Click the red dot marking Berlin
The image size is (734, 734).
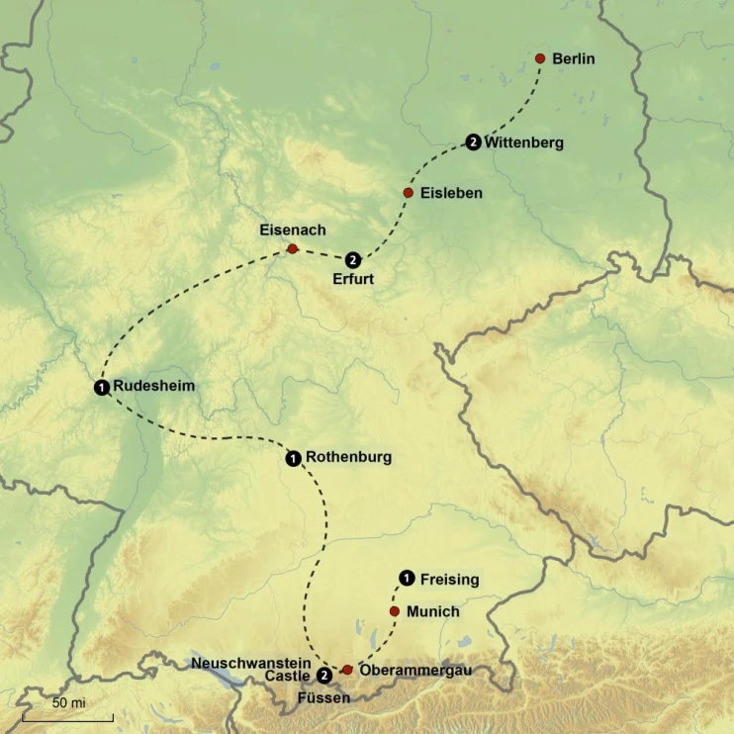pos(540,58)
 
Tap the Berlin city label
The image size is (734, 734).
pos(574,59)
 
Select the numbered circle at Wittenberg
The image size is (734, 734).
pos(473,142)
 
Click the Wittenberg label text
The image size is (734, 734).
pos(524,142)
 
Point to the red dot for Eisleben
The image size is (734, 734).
pos(408,192)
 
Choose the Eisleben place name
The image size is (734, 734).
pos(451,193)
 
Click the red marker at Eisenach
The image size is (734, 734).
pos(292,249)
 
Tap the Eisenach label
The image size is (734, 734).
pos(292,230)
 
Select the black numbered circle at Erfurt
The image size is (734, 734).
pos(353,260)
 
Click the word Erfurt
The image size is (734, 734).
pos(353,279)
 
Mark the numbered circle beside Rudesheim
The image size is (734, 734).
pos(102,387)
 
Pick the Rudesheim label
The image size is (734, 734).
pos(154,386)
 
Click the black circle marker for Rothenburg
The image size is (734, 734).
pos(293,458)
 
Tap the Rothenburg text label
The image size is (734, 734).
pos(348,457)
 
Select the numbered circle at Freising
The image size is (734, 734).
pos(406,579)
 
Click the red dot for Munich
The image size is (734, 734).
pos(395,611)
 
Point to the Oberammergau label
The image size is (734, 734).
pos(414,670)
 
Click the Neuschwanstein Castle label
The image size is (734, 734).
pos(253,669)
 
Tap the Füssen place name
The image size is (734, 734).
pos(323,698)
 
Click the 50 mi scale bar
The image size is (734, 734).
pos(67,714)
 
